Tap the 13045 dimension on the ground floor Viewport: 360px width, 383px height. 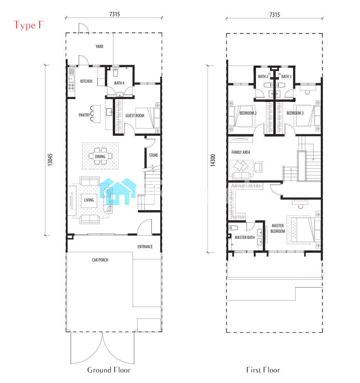(50, 160)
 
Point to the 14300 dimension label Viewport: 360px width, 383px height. (213, 160)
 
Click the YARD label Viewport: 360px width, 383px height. (99, 46)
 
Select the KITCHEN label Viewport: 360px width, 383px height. (86, 81)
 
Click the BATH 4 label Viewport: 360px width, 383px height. (120, 83)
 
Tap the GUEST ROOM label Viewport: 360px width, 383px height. (135, 116)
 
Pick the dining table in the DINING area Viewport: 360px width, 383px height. (100, 156)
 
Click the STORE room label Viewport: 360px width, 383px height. (153, 155)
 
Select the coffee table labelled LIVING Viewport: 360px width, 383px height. (89, 200)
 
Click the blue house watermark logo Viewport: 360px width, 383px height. (118, 191)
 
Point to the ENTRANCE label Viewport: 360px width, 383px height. (145, 247)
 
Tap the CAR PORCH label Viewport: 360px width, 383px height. (100, 260)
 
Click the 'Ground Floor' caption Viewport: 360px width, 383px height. (109, 370)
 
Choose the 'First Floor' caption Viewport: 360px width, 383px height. (263, 370)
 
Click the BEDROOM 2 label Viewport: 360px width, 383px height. (248, 113)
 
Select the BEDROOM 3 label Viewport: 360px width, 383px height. (295, 113)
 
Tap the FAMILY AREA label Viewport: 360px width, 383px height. (241, 152)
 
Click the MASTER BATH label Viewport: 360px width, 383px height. (244, 237)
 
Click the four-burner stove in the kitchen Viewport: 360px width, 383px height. (71, 87)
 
